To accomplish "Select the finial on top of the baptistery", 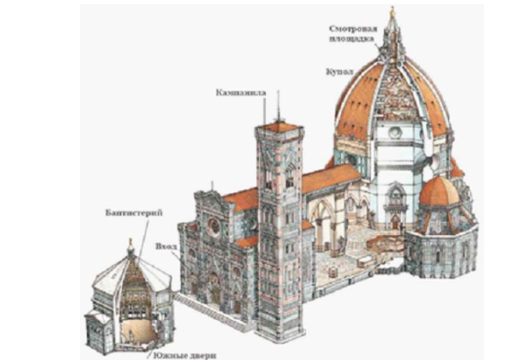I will (x=131, y=245).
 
